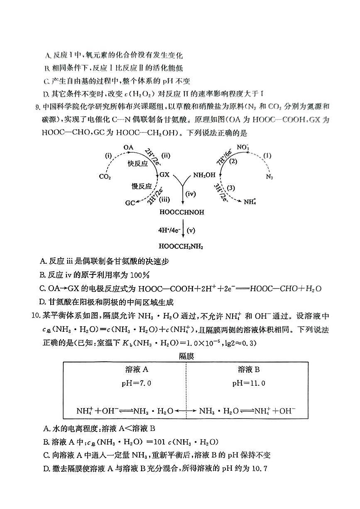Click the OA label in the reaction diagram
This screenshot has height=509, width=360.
(128, 147)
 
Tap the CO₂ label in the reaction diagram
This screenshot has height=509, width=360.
(105, 176)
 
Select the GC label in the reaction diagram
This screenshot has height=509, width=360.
(130, 203)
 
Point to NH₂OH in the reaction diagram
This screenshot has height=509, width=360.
(204, 175)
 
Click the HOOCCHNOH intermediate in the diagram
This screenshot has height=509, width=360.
(182, 212)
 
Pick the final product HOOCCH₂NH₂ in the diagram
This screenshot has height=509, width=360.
(181, 247)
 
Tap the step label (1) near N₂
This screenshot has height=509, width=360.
(267, 156)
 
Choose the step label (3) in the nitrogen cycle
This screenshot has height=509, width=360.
(231, 188)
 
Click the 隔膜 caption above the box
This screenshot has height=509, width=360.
(186, 356)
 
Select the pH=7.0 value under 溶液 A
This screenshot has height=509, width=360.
(136, 383)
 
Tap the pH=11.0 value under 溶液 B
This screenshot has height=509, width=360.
(249, 383)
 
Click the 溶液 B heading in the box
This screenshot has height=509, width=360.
(249, 370)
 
